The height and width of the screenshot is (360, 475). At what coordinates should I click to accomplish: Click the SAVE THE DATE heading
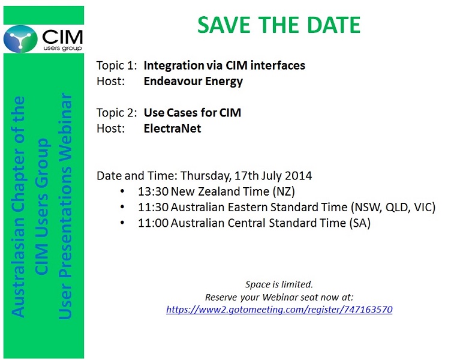tap(279, 25)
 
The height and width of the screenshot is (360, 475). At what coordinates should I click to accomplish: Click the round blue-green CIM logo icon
tap(20, 39)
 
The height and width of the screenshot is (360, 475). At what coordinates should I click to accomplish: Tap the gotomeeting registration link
tap(279, 310)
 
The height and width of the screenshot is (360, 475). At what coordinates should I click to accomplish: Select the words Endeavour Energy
tap(193, 81)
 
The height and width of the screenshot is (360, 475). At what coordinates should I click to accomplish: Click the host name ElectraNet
tap(172, 128)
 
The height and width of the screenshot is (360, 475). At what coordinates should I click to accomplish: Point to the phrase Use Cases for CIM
tap(193, 113)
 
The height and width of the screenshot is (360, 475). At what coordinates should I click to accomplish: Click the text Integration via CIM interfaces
tap(224, 65)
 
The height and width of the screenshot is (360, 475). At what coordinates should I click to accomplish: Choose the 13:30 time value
tap(153, 191)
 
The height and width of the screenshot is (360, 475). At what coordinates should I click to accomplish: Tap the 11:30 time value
tap(153, 207)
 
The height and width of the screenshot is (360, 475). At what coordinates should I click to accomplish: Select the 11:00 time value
tap(153, 223)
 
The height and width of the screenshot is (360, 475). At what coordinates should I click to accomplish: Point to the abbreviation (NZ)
tap(284, 191)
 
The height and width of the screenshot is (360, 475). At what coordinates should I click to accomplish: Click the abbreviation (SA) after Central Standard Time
tap(360, 223)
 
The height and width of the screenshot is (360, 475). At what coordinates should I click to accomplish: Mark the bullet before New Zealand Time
tap(122, 191)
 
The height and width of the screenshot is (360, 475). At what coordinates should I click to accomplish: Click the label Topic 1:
tap(117, 65)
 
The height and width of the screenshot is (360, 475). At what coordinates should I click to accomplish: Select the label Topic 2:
tap(117, 113)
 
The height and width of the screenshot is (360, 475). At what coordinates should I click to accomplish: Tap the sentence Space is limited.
tap(279, 284)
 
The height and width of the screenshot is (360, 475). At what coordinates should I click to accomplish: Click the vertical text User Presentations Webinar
tap(65, 206)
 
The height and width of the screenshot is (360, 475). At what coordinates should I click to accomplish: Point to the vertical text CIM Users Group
tap(41, 206)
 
